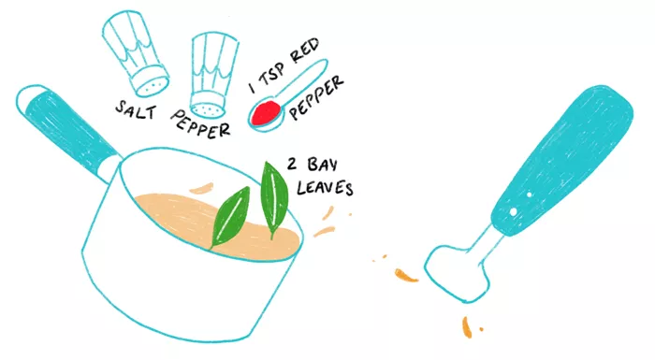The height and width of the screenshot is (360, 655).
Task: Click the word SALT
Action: coord(136,110)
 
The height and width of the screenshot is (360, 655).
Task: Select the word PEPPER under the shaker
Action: coord(200,123)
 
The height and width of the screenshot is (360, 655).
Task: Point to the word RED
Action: coord(304,50)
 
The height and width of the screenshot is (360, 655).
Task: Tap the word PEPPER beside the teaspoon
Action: coord(316,98)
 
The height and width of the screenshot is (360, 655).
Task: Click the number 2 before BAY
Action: coord(292,164)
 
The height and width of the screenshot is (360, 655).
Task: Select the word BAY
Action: coord(322,165)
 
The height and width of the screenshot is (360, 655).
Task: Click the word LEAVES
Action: coord(325,187)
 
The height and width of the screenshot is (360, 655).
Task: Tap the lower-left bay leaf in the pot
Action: coord(230,216)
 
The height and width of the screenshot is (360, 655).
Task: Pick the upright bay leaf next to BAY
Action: coord(274,199)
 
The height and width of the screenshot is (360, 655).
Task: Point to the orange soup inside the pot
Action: coord(217,223)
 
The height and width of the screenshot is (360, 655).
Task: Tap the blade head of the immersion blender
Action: coord(457,274)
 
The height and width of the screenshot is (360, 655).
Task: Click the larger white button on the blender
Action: coord(513,212)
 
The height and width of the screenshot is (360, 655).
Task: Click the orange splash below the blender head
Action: coord(467,327)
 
